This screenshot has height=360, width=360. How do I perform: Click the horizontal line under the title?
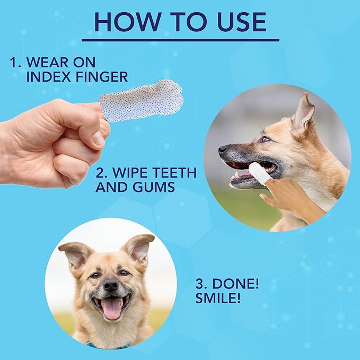180,39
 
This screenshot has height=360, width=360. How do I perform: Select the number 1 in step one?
14,63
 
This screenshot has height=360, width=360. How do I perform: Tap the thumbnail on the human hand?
99,138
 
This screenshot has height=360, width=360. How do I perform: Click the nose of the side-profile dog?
223,150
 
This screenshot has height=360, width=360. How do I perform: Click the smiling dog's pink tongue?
111,308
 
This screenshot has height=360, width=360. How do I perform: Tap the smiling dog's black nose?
110,285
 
